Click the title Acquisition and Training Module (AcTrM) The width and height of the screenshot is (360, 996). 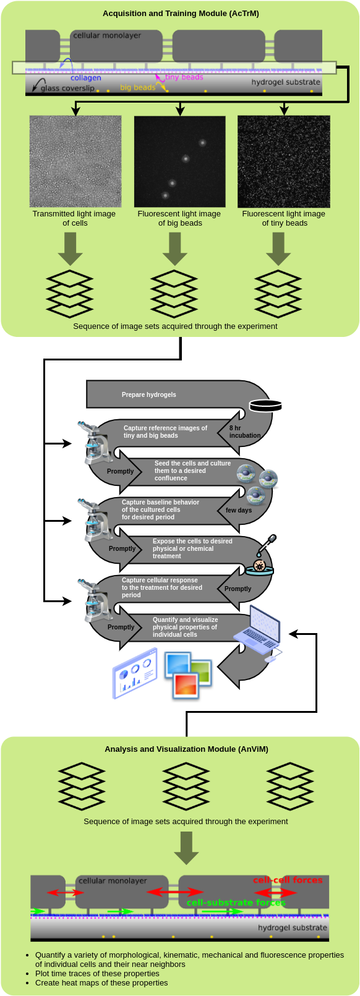point(181,14)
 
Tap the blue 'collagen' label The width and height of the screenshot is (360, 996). point(86,78)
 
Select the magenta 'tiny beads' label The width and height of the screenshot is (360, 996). point(184,77)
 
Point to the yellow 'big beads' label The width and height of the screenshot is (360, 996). point(137,88)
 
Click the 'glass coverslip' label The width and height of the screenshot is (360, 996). point(67,88)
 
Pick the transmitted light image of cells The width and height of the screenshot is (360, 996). point(75,161)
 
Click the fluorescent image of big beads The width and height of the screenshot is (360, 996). point(180,161)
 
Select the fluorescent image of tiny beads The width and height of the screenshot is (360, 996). point(284,161)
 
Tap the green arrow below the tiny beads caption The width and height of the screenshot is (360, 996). point(278,249)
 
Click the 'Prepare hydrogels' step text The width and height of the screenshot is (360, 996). point(148,394)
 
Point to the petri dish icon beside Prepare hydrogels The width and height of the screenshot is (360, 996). point(265,406)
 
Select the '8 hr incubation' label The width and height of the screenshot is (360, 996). point(244,432)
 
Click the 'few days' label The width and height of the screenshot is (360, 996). point(239,510)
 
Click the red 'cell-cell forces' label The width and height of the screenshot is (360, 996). point(288,880)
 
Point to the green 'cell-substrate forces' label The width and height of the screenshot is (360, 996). point(236,903)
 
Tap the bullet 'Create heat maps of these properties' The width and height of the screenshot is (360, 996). point(101,982)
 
